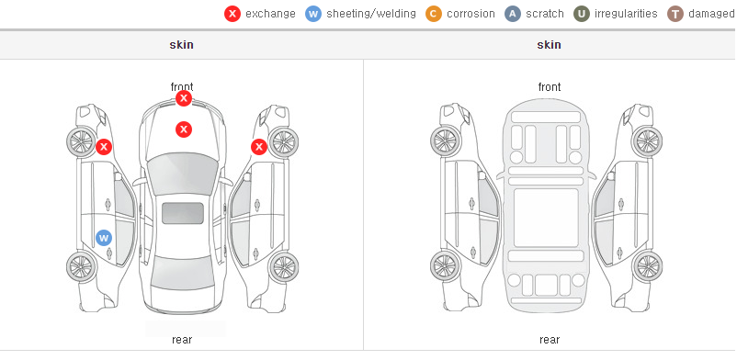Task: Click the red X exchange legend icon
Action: [x=232, y=14]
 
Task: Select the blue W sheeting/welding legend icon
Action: [x=313, y=14]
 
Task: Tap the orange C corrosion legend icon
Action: [x=434, y=14]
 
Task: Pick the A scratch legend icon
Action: [x=513, y=14]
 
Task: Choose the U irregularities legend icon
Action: [x=582, y=14]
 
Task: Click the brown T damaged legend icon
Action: [x=675, y=14]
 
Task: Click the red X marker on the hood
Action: [x=184, y=129]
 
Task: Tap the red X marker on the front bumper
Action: [x=184, y=98]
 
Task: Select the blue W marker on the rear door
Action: [x=104, y=238]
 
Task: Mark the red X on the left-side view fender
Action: [x=104, y=147]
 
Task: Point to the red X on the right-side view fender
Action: [x=259, y=147]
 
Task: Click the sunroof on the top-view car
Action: [x=183, y=213]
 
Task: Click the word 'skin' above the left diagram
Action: [x=181, y=45]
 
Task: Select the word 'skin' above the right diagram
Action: [x=549, y=45]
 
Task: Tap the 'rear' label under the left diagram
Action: [x=182, y=340]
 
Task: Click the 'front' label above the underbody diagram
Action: [x=550, y=87]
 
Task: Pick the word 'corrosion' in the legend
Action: [x=471, y=14]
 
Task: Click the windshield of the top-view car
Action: [x=183, y=173]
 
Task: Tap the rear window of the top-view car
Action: [x=183, y=274]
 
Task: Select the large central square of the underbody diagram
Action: [x=546, y=218]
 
